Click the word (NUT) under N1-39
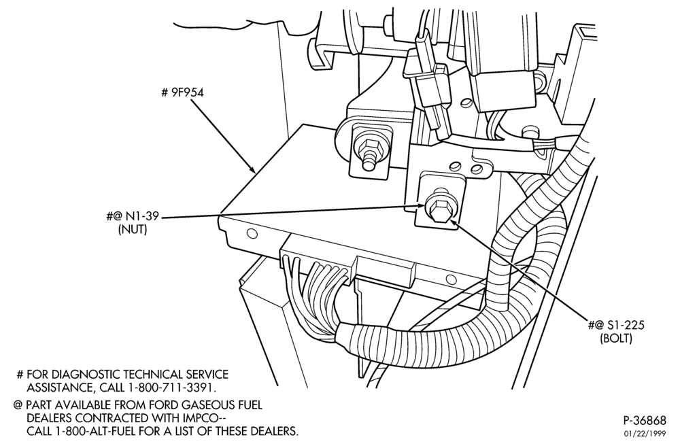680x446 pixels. (133, 229)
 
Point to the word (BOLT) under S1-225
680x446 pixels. (616, 338)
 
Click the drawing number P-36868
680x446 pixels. (645, 420)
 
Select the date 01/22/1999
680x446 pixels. (645, 433)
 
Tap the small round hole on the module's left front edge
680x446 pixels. (252, 234)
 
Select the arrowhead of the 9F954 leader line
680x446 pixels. (254, 169)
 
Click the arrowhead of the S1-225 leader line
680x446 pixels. (452, 223)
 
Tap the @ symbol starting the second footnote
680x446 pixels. (18, 405)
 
